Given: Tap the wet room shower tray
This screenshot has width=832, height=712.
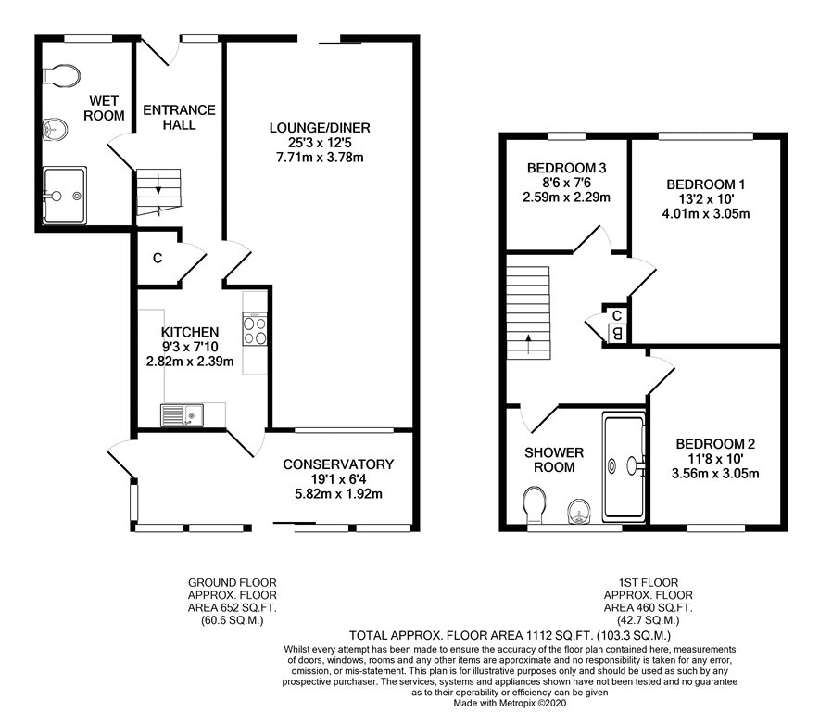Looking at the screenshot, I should click(x=64, y=196).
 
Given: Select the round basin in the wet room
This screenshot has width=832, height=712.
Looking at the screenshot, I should click(x=55, y=127).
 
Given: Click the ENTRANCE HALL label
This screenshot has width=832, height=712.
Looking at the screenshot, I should click(x=179, y=117).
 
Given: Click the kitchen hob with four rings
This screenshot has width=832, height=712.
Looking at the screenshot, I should click(x=255, y=329).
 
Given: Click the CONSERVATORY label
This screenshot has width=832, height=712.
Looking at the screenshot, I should click(x=338, y=464).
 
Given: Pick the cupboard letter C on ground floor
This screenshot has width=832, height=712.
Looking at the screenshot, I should click(x=158, y=258).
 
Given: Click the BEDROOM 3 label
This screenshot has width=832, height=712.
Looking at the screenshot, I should click(x=566, y=168).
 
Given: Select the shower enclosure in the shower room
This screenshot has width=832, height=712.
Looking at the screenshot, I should click(x=624, y=466).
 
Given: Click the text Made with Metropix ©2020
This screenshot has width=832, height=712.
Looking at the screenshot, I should click(x=416, y=704).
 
